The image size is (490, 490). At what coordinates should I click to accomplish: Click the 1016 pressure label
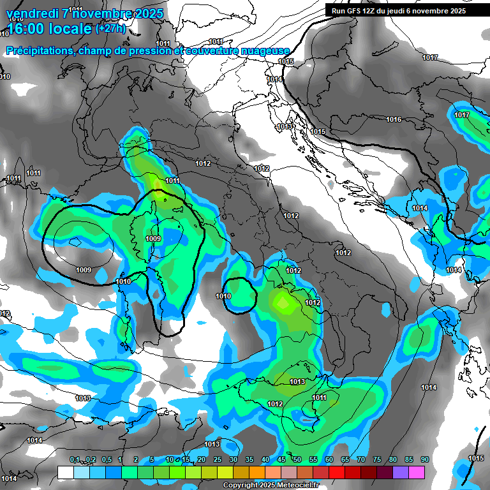click(394, 120)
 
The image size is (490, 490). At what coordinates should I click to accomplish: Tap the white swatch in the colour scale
click(65, 472)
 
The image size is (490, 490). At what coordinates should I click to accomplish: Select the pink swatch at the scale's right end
click(417, 472)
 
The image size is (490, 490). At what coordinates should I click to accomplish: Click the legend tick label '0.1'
click(75, 460)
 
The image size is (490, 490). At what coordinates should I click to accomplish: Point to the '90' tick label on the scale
click(425, 460)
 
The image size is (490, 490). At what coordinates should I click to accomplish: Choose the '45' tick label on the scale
click(281, 460)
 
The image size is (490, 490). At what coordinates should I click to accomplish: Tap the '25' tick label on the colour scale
click(218, 460)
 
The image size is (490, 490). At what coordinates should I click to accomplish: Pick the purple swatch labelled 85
click(401, 472)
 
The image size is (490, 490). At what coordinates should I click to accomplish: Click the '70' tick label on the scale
click(361, 460)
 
